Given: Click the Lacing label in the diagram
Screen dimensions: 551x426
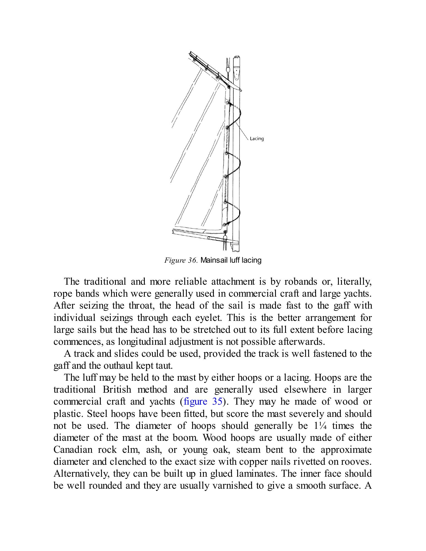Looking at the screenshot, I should coord(256,139).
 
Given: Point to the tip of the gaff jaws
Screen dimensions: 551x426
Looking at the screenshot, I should coord(241,90).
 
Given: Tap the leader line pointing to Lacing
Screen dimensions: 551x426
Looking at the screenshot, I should coord(242,131).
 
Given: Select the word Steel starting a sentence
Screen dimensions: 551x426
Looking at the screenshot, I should coord(97,414).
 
